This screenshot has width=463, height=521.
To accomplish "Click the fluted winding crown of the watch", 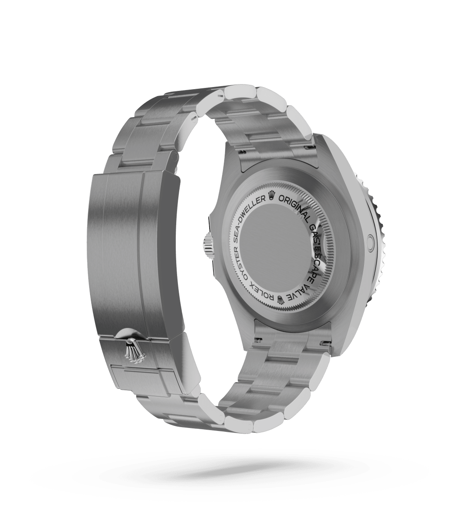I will [207, 243].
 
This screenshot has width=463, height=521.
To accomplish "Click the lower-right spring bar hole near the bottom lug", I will [325, 343].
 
